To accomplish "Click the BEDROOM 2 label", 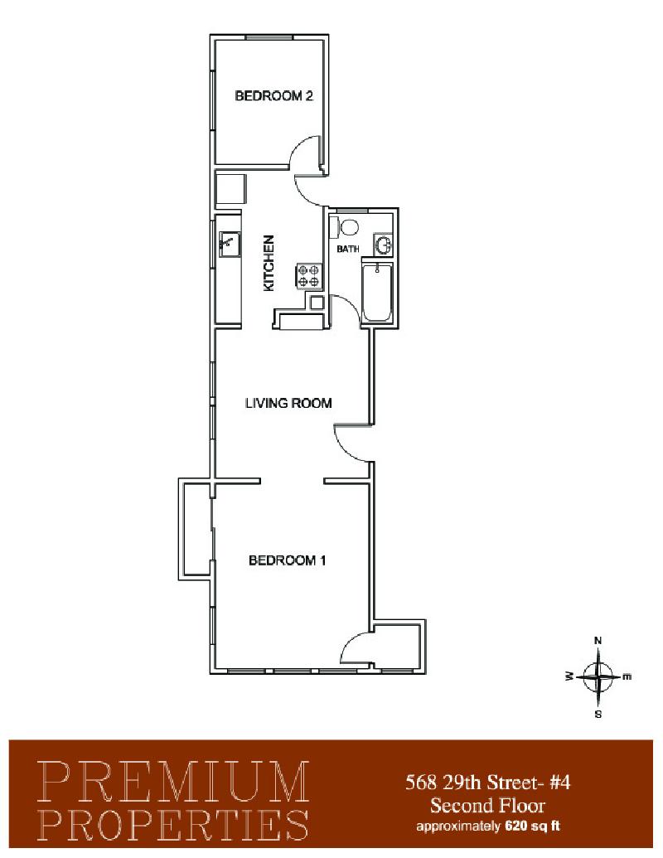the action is point(273,96).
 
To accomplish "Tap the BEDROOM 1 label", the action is point(288,560).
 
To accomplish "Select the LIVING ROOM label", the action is point(288,403).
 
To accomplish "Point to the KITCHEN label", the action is point(268,263).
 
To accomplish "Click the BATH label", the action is point(348,249).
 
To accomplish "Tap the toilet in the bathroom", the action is point(344,226).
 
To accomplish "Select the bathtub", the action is point(377,293).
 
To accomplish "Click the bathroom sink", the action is point(384,245).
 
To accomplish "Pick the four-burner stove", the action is point(308,276).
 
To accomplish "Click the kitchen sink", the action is point(230,244).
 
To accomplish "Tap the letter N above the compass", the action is point(598,640).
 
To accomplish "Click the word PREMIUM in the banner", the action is point(174,782).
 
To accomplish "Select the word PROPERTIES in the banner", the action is point(174,824).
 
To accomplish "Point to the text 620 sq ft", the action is point(532,826).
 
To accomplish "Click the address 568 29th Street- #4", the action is point(487,783).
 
